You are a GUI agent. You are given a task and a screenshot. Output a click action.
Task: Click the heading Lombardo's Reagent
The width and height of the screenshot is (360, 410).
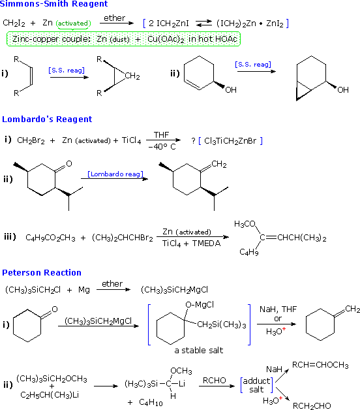click(47, 119)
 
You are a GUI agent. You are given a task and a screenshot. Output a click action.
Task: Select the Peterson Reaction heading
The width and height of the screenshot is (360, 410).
click(42, 273)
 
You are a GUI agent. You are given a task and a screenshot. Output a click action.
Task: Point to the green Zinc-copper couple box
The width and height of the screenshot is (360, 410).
click(123, 39)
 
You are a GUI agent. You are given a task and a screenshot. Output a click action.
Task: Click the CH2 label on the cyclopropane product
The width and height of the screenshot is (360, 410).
click(132, 77)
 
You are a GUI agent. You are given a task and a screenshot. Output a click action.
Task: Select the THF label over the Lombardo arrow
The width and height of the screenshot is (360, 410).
click(161, 134)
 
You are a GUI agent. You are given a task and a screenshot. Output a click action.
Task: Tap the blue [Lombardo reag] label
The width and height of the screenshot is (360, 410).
click(108, 174)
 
